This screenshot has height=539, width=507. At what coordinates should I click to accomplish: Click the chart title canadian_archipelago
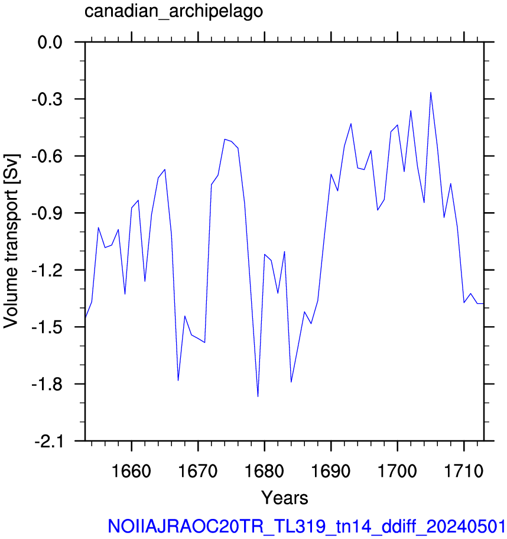(x=174, y=11)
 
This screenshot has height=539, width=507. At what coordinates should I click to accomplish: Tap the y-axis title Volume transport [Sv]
(x=11, y=241)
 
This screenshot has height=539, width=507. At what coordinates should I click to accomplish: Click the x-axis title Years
(x=285, y=498)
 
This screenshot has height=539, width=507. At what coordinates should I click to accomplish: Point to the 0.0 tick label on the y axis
(x=50, y=43)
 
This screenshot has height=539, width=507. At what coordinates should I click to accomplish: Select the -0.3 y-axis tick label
(x=47, y=99)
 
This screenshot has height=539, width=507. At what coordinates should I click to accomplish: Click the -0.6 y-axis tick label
(x=47, y=157)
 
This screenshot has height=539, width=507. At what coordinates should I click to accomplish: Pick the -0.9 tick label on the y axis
(x=47, y=213)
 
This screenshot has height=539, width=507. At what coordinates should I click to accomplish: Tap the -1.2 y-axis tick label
(x=47, y=271)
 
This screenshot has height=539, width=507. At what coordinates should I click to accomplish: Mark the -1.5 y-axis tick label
(x=47, y=327)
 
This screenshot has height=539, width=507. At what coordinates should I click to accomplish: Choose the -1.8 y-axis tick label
(x=47, y=384)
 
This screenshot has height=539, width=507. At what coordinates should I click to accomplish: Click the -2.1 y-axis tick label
(x=48, y=441)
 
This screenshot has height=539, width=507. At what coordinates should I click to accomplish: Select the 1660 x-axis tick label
(x=131, y=471)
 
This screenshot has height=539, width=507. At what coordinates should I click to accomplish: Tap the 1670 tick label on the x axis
(x=198, y=471)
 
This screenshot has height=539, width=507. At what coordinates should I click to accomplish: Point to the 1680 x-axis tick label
(x=264, y=471)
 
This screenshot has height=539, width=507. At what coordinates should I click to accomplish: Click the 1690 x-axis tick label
(x=331, y=471)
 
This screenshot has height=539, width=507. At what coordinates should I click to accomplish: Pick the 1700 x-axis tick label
(x=397, y=471)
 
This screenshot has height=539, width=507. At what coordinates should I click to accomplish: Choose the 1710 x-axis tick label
(x=464, y=471)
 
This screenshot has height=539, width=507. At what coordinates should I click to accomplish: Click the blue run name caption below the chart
(x=307, y=526)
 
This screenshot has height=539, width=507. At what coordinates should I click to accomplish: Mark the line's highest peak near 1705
(x=431, y=92)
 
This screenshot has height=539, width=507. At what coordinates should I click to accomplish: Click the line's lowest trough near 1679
(x=258, y=397)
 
